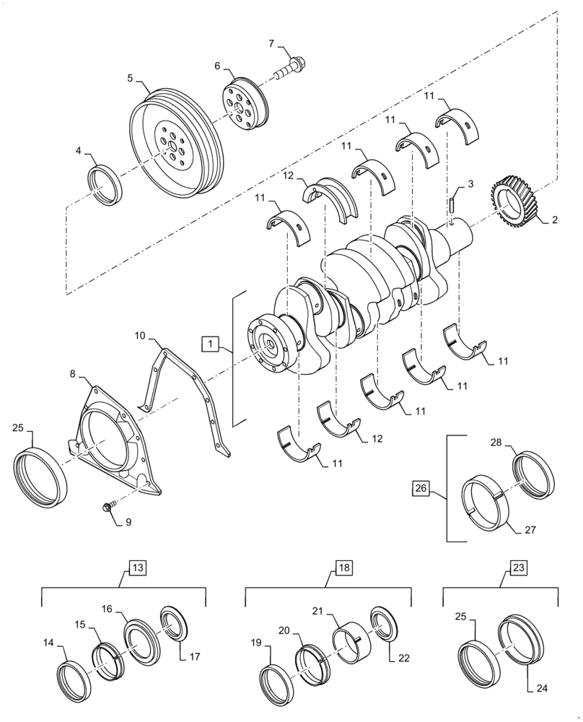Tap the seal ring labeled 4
tap(105, 185)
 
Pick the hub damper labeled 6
tap(243, 109)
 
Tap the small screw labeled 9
tap(109, 508)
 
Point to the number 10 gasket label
tap(140, 336)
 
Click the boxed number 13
tap(138, 567)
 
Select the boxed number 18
tap(343, 567)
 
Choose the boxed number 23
tap(518, 567)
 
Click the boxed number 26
tap(422, 489)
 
